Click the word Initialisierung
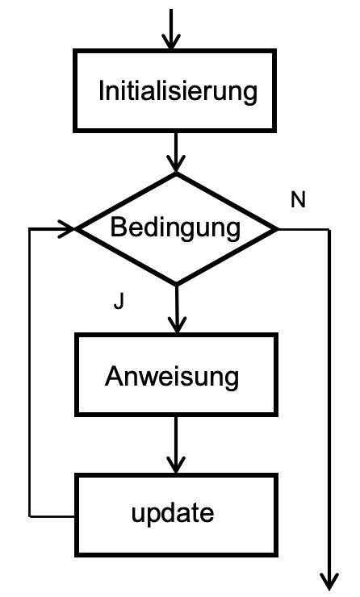click(178, 90)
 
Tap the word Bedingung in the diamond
click(175, 228)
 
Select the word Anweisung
click(172, 377)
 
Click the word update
click(174, 512)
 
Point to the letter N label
click(298, 200)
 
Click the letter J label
click(119, 302)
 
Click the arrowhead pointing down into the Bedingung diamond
click(175, 165)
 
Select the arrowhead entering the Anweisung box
click(175, 324)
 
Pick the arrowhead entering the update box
click(175, 465)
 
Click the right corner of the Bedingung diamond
click(277, 228)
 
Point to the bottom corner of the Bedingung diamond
click(175, 283)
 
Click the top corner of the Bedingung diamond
click(175, 173)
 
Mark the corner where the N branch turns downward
click(329, 229)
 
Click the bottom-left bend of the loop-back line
click(29, 514)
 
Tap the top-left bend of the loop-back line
click(29, 229)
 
